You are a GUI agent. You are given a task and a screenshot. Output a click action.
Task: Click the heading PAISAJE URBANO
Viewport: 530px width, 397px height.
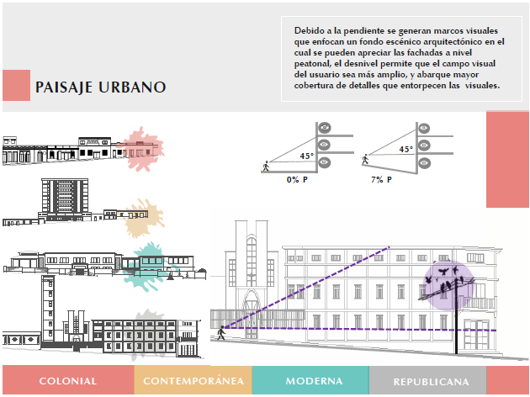[100, 87]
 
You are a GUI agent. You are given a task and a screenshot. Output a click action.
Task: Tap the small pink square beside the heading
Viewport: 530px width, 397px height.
[16, 86]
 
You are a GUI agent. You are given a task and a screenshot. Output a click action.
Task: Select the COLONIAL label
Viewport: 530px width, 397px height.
[67, 381]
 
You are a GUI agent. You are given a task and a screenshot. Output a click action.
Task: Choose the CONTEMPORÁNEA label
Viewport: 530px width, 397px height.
[193, 381]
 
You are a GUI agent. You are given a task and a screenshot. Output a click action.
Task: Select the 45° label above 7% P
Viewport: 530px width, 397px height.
[405, 149]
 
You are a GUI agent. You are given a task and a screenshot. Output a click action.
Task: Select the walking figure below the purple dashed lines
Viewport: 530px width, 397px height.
[220, 333]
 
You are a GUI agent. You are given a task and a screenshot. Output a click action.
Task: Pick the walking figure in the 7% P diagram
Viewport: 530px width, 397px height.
[365, 159]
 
